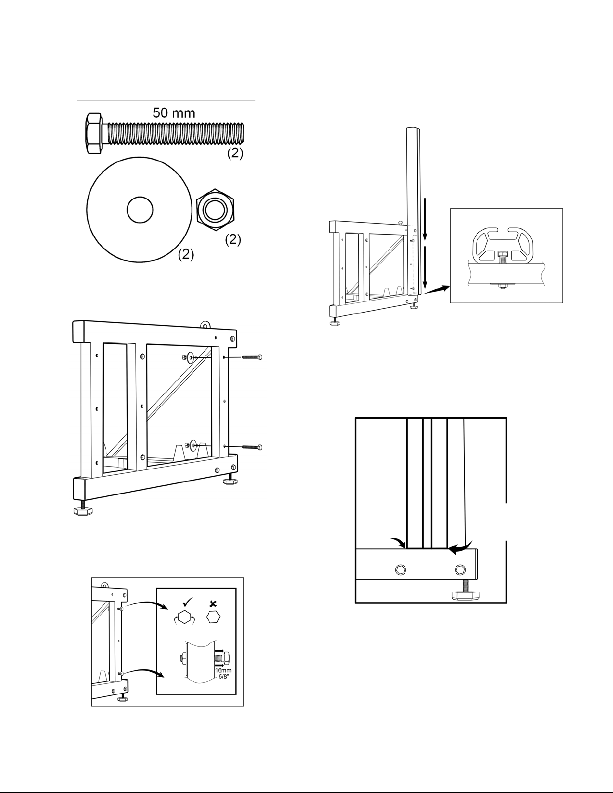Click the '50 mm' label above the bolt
click(x=174, y=113)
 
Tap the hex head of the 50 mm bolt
click(x=93, y=133)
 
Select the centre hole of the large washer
click(x=140, y=210)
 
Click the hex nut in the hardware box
click(x=215, y=210)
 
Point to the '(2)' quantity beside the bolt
click(x=235, y=153)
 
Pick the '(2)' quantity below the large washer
click(x=186, y=254)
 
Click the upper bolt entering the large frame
click(x=252, y=357)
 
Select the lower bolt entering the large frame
click(x=252, y=447)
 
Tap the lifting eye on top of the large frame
click(x=206, y=325)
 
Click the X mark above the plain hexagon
click(x=214, y=605)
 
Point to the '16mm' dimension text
click(x=223, y=670)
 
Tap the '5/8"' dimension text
click(x=223, y=677)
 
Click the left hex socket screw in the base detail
click(x=401, y=570)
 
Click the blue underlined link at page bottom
click(x=99, y=788)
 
